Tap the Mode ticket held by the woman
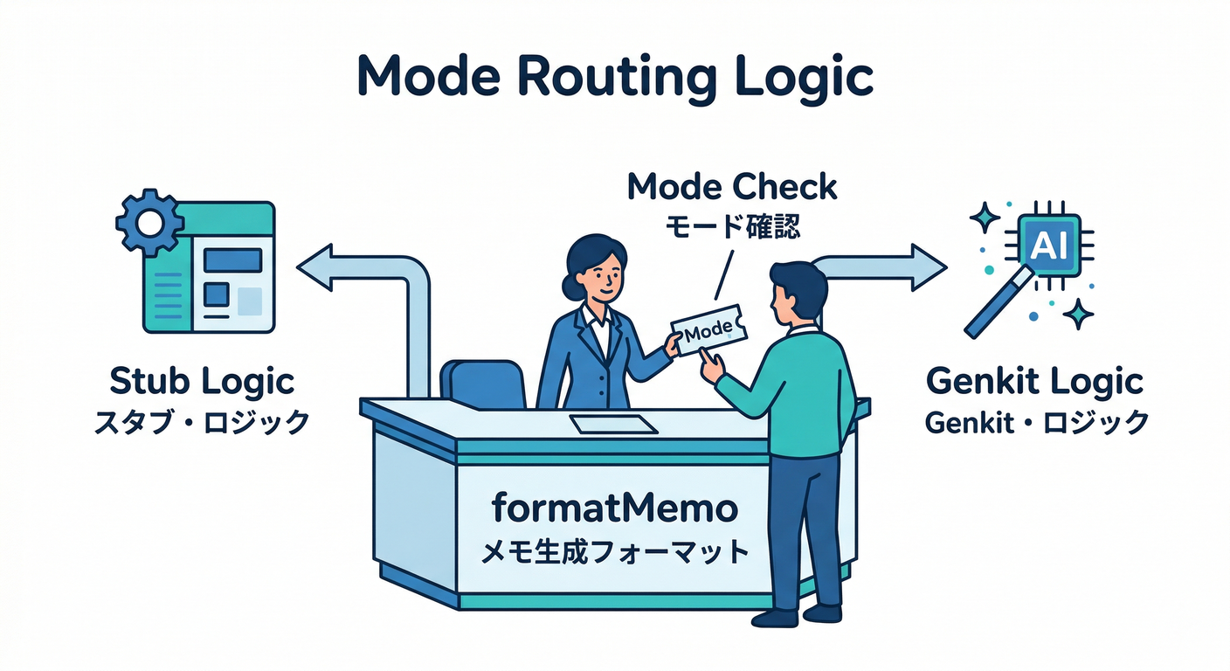[710, 333]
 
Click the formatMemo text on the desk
[614, 508]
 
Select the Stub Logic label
[202, 382]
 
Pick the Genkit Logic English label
[1035, 382]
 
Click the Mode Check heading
[732, 187]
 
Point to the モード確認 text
[732, 228]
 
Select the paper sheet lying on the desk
[613, 424]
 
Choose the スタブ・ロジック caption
[202, 422]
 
